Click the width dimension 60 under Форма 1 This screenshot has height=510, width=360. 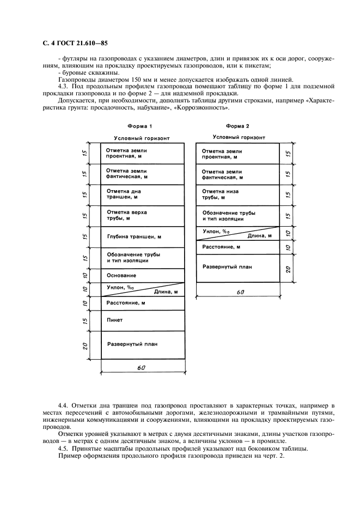click(141, 368)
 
